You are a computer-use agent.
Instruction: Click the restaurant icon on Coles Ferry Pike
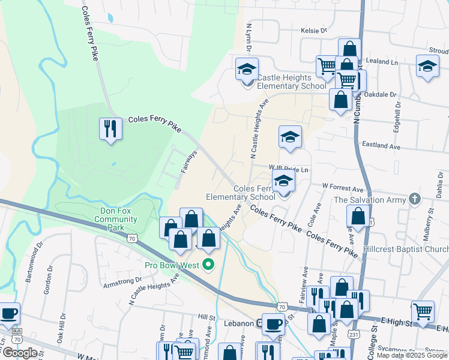110,130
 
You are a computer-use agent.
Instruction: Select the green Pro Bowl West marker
209,264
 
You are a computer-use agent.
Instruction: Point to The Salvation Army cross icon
414,199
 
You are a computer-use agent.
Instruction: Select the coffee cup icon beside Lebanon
274,323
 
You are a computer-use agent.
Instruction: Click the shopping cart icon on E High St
423,311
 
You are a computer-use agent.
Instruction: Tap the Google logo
20,353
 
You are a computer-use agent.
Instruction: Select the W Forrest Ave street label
343,187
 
